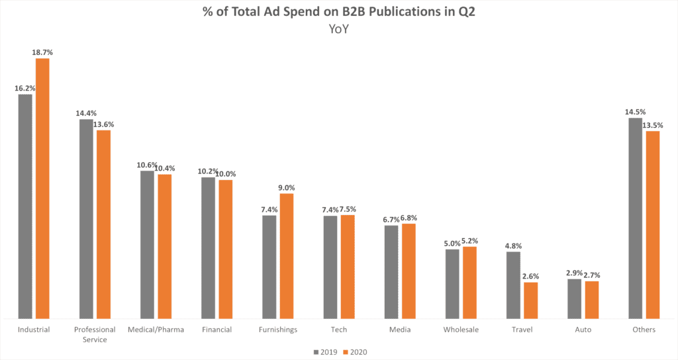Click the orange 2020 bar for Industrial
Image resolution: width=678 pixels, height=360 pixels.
click(42, 189)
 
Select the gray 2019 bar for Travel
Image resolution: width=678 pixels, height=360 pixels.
click(513, 285)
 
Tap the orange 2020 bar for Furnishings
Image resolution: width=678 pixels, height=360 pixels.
click(286, 256)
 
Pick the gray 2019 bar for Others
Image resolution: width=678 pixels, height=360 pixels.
click(635, 218)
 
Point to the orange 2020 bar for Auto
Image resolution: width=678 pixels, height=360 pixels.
click(591, 300)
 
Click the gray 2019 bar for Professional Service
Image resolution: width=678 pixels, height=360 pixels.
click(86, 219)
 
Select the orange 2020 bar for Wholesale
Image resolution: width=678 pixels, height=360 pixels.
click(469, 283)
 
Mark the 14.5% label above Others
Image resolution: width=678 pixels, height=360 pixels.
click(634, 111)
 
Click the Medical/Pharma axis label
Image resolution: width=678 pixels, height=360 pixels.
click(156, 330)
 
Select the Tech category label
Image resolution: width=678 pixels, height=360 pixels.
click(339, 330)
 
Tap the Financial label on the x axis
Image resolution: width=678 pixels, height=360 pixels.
click(217, 330)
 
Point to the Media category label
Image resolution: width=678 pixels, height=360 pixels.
click(399, 330)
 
